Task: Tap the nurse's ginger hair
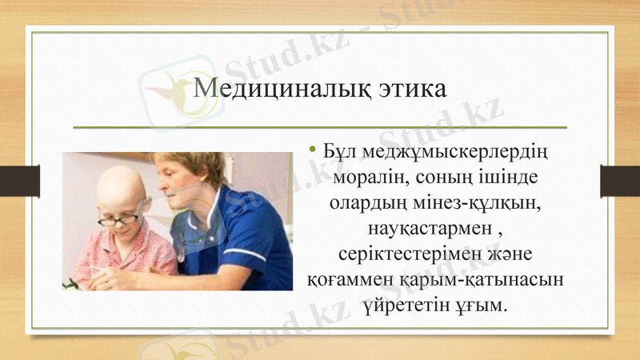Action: tap(196, 164)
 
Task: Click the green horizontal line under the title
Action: tap(320, 127)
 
